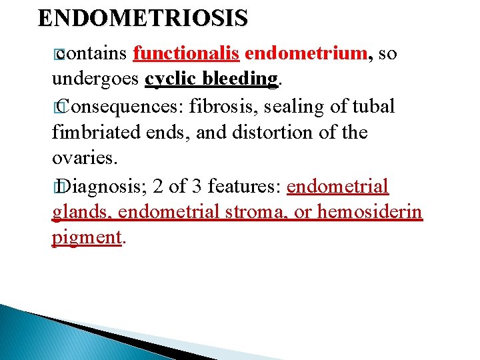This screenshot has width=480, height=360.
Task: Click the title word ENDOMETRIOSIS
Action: click(x=143, y=18)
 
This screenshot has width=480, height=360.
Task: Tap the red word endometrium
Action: click(x=303, y=53)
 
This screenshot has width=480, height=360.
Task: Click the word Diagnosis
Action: click(x=101, y=186)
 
